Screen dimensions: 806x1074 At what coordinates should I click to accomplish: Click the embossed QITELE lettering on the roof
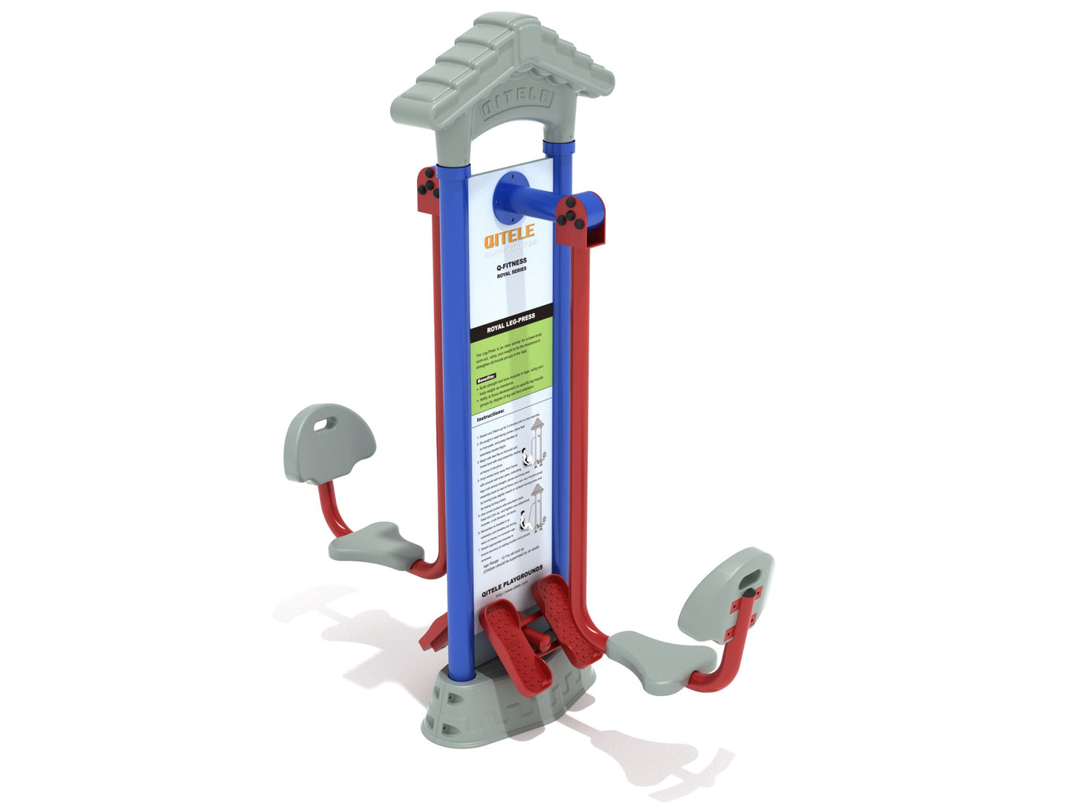point(516,103)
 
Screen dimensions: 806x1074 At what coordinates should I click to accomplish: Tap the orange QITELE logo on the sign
point(509,237)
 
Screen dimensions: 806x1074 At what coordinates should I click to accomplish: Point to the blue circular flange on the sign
point(512,197)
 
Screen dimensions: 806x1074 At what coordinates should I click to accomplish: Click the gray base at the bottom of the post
point(483,706)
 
